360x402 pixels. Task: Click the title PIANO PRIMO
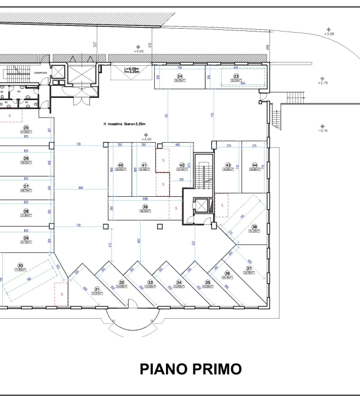point(191,369)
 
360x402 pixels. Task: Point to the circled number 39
point(145,206)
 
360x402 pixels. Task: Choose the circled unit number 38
point(254,227)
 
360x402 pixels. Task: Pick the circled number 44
point(255,165)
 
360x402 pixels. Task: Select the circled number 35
point(208,282)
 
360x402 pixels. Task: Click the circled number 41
point(144,165)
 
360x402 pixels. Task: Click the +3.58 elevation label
point(329,34)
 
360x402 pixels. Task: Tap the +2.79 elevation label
point(322,83)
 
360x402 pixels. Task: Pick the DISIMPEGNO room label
point(40,72)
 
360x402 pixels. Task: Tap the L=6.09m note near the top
point(133,68)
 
